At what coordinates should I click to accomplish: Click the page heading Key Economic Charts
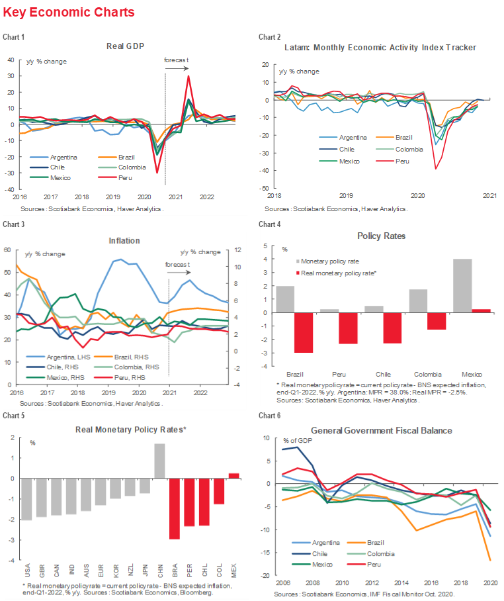[x=69, y=13]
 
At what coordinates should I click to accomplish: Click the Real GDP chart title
[x=126, y=46]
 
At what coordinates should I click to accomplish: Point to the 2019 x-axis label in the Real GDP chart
[x=113, y=197]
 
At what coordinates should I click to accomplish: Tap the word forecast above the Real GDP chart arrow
[x=177, y=60]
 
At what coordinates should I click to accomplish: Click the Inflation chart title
[x=126, y=240]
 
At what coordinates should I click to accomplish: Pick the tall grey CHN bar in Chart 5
[x=159, y=461]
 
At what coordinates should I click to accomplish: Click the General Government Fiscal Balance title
[x=382, y=430]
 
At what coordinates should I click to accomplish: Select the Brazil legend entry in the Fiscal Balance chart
[x=398, y=544]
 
